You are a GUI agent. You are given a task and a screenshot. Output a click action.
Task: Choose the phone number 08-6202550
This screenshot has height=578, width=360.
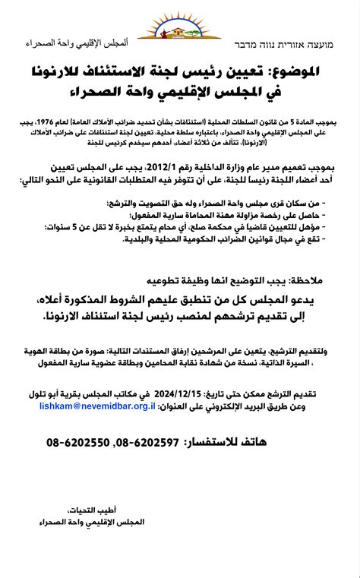click(x=81, y=441)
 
